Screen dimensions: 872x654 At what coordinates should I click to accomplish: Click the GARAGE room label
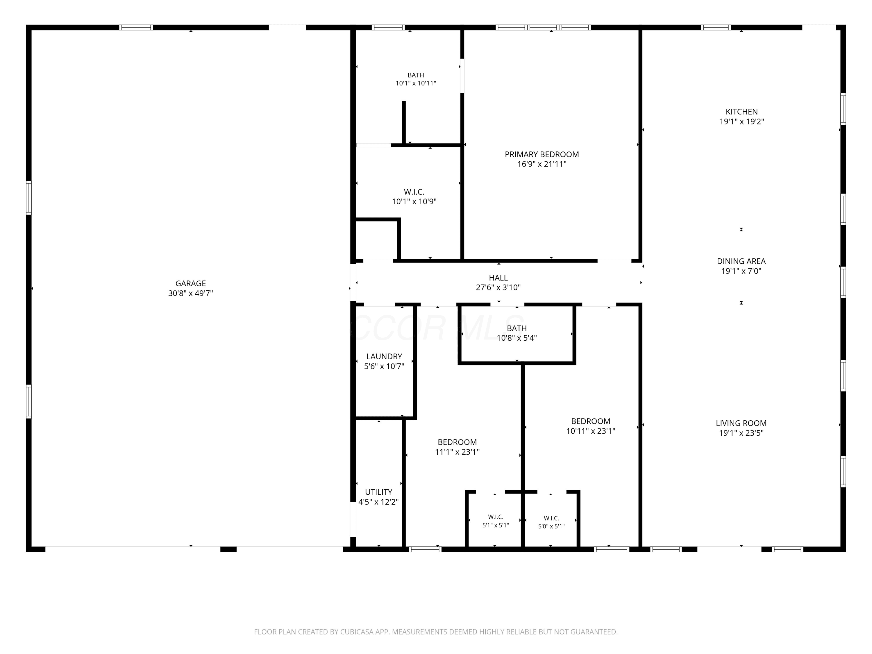coord(190,283)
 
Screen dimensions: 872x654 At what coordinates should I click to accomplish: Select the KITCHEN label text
coord(741,112)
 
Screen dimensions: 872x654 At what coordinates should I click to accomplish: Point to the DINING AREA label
coord(741,261)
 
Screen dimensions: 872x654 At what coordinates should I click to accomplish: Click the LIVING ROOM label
coord(741,424)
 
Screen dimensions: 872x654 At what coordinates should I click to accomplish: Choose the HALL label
coord(498,278)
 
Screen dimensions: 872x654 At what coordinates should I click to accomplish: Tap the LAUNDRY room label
coord(384,357)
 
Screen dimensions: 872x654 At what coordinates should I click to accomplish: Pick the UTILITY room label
coord(378,492)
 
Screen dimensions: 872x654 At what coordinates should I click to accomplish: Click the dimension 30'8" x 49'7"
coord(190,293)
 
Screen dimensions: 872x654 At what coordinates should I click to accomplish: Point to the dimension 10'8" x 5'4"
coord(517,338)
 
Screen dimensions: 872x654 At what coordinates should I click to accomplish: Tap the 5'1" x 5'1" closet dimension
coord(496,526)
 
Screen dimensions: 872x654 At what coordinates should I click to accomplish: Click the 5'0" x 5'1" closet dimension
coord(551,527)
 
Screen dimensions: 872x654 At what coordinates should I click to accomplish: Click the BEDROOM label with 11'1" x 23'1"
coord(457,442)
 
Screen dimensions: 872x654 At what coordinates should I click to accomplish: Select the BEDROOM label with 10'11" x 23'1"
coord(591,421)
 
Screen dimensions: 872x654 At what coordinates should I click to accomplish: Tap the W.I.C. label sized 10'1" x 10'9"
coord(414,192)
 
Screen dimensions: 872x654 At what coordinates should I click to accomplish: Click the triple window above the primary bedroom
coord(543,28)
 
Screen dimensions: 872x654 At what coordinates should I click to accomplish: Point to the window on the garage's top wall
coord(136,28)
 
